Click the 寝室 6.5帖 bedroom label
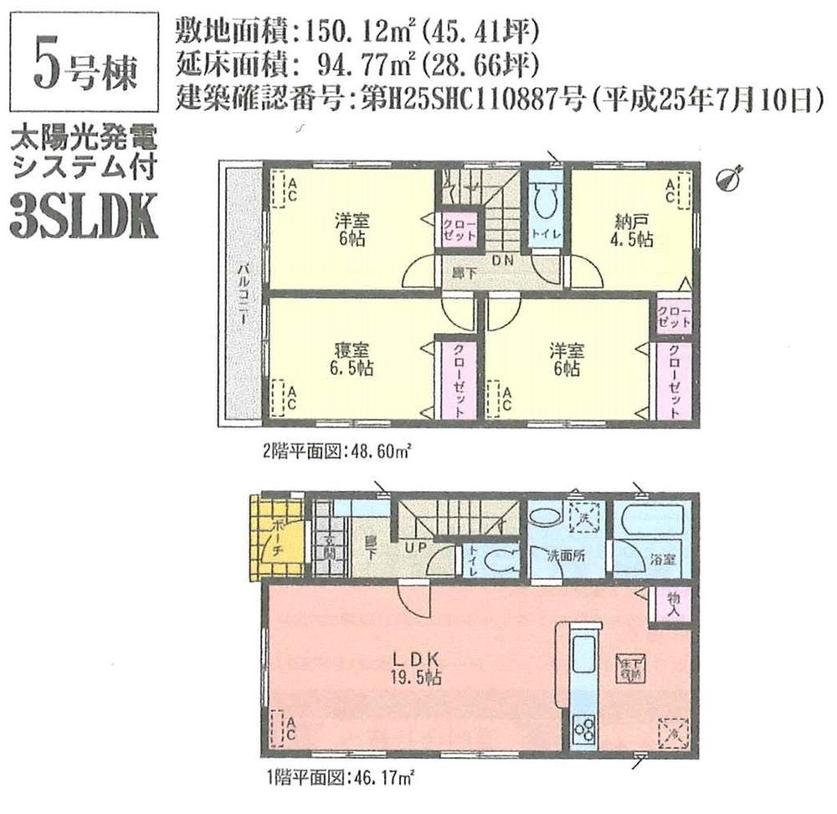(x=350, y=360)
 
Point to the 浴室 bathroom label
(x=664, y=557)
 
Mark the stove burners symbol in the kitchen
(x=582, y=729)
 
